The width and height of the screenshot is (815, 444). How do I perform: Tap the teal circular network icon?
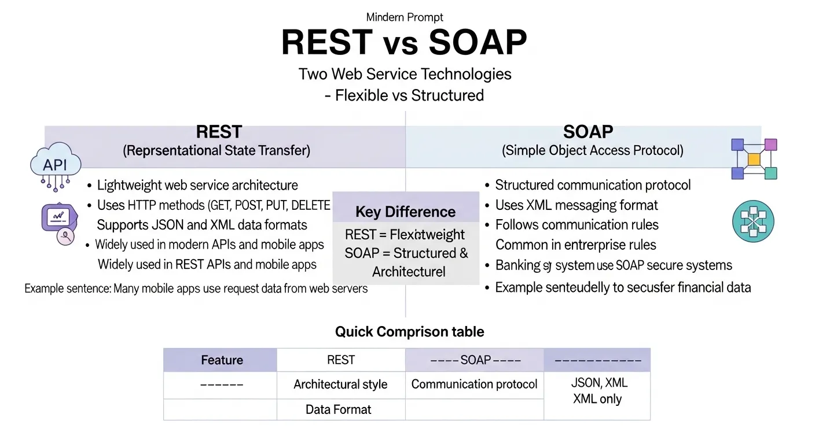click(753, 222)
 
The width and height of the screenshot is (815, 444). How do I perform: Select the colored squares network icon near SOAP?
click(754, 158)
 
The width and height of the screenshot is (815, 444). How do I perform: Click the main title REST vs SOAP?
click(404, 42)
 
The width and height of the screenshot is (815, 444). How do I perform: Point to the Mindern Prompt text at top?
click(405, 17)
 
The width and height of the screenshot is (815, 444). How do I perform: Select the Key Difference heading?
click(405, 212)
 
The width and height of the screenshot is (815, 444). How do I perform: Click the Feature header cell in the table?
click(222, 360)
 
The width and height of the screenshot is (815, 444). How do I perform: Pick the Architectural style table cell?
click(340, 384)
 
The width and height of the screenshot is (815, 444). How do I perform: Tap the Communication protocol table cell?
click(474, 384)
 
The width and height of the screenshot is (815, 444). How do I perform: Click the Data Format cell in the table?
click(339, 410)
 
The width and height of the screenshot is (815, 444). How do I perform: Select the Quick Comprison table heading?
click(409, 332)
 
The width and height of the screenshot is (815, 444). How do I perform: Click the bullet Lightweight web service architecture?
click(197, 186)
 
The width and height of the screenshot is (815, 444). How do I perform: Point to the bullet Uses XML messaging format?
click(576, 205)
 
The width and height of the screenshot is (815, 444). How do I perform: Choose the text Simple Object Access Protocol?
click(592, 151)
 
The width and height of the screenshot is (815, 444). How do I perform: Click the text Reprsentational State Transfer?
click(216, 151)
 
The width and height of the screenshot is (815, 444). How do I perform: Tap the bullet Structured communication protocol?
click(593, 185)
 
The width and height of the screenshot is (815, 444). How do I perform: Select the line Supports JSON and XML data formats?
click(202, 225)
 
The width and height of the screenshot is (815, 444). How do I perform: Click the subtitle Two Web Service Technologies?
click(405, 74)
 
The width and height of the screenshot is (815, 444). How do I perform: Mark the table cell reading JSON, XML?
click(599, 383)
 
